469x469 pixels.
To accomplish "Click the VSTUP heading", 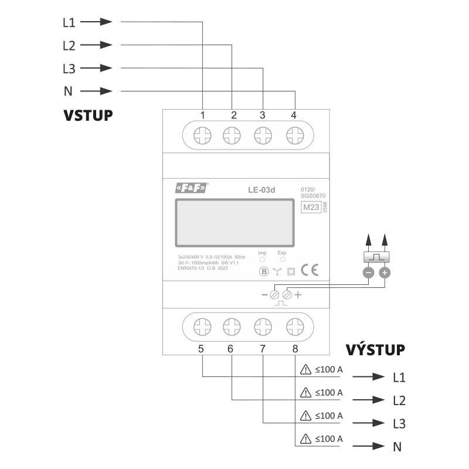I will coord(88,115).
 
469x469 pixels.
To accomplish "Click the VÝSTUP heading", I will coord(375,350).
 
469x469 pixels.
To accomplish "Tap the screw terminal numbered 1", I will coord(202,137).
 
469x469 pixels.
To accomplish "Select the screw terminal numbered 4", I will coord(294,137).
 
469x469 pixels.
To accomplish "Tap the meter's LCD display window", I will coord(234,223).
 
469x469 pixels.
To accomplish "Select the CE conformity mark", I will coord(309,270).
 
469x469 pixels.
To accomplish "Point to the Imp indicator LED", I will coord(262,259).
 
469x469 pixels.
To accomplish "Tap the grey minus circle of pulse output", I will coord(368,273).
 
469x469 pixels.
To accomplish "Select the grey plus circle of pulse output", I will coord(385,273).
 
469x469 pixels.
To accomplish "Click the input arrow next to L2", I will coord(97,45).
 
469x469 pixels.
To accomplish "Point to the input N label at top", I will coord(67,91).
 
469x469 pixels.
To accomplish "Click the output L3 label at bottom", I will coord(399,423).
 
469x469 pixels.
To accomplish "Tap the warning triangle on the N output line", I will coord(305,439).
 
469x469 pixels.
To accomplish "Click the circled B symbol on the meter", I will coord(264,271).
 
